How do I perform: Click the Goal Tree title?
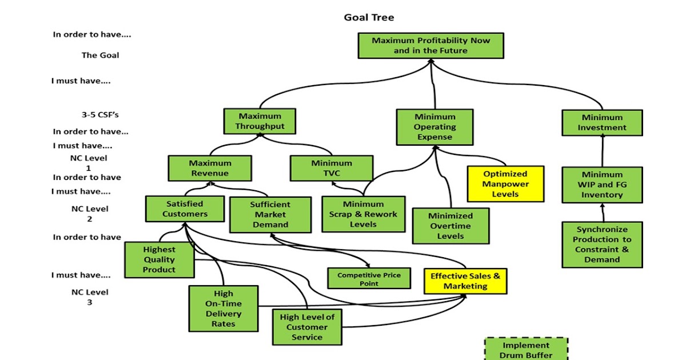coord(369,17)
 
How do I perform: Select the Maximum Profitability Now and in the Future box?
coord(430,46)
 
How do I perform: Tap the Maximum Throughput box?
coord(260,122)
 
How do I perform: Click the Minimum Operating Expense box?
coord(435,127)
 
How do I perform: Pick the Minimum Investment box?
coord(602,123)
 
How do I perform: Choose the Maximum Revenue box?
coord(209,168)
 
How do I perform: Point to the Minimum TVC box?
coord(332,168)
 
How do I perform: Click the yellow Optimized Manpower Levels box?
coord(505,184)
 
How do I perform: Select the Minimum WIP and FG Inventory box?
coord(602,185)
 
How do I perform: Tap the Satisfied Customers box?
coord(185,209)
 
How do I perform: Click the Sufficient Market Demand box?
coord(270,215)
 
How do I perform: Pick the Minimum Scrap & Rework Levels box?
coord(363,214)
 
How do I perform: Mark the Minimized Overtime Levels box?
coord(450,226)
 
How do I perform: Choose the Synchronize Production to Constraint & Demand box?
coord(602,245)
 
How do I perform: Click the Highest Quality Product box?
coord(159,259)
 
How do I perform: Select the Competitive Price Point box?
coord(369,279)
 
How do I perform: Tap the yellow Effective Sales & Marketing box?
coord(465,281)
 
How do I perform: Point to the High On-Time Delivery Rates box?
coord(224,309)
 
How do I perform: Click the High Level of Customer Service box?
coord(307,327)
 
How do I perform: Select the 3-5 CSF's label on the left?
coord(100,114)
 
